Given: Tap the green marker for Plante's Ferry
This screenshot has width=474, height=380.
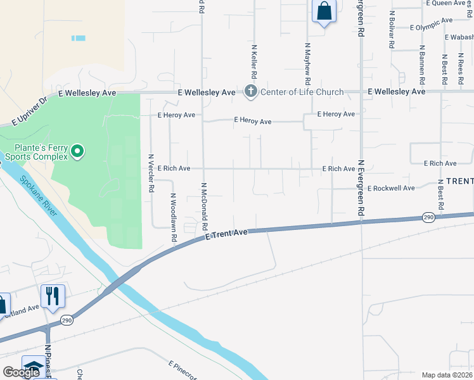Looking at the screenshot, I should point(77,151).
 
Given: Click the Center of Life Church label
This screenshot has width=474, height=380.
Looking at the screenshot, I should point(302,92).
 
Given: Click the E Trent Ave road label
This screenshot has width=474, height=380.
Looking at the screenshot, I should point(226,235).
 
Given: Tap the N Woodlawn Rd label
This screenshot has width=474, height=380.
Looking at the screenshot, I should point(172,217).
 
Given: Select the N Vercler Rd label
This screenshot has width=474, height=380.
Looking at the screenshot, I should point(151,173).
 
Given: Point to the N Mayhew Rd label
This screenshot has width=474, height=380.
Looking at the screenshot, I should point(308,63).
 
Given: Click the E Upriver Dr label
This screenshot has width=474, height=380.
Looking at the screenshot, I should point(30,110).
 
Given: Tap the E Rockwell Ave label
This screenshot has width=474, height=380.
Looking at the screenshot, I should point(391,188).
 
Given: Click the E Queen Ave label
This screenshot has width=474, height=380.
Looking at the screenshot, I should point(447,3).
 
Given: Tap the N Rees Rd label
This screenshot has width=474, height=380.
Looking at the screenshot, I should point(460,65).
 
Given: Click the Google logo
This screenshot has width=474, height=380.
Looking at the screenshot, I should point(21,372).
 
